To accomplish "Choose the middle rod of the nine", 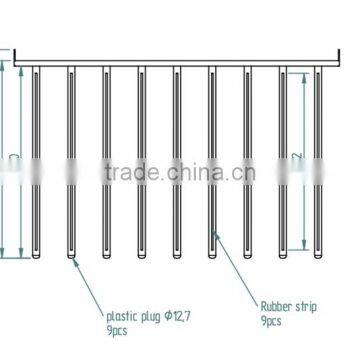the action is (176, 160).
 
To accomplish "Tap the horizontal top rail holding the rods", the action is (180, 59).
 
